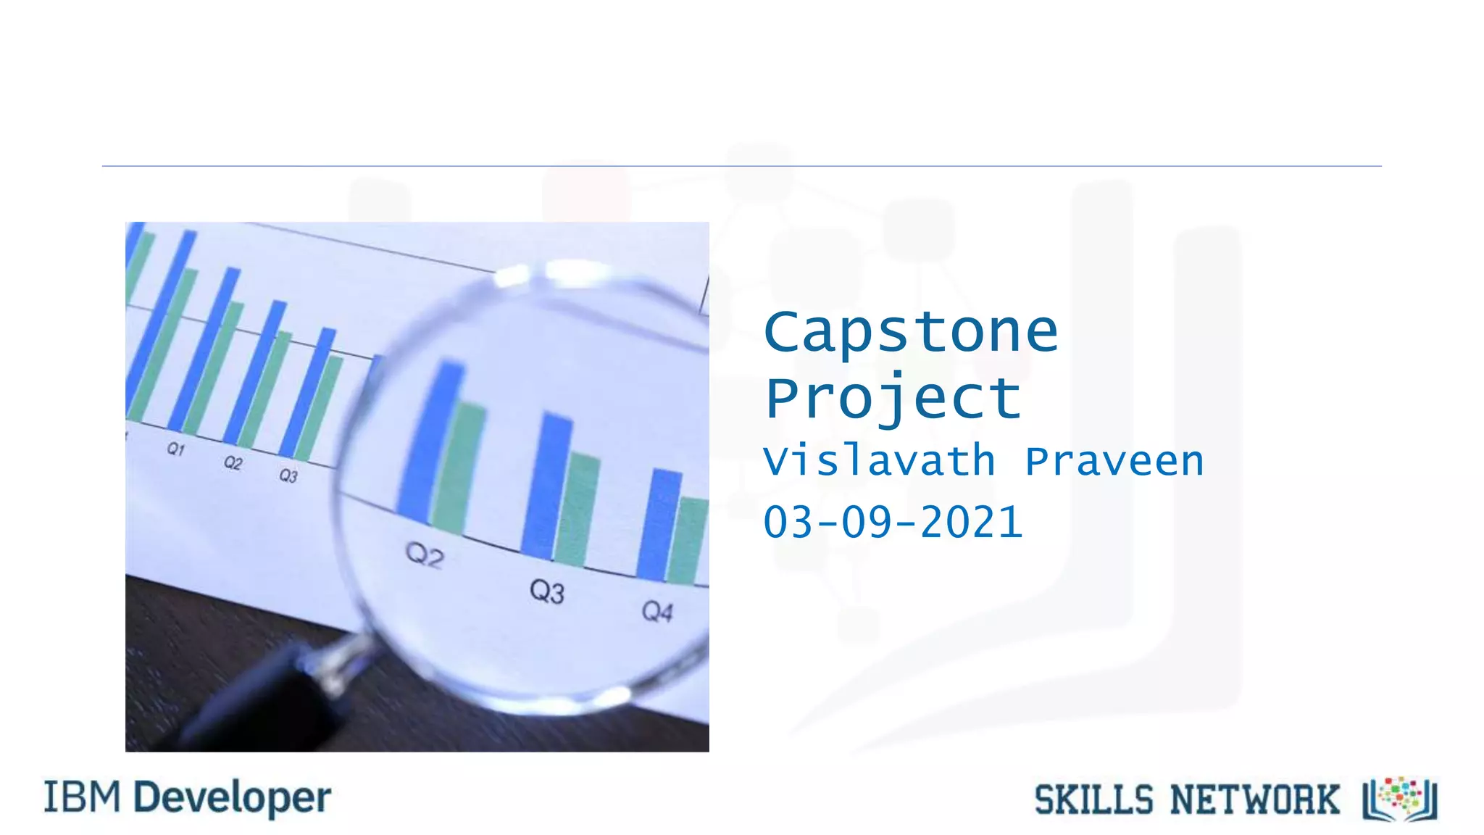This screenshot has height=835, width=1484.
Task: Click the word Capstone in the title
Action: pyautogui.click(x=911, y=333)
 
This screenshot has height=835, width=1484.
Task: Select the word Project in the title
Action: pyautogui.click(x=893, y=398)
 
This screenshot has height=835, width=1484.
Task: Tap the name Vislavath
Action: pyautogui.click(x=879, y=461)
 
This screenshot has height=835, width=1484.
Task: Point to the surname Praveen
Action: pyautogui.click(x=1114, y=461)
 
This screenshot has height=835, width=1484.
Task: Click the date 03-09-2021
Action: pyautogui.click(x=893, y=522)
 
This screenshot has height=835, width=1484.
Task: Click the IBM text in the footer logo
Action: pyautogui.click(x=82, y=797)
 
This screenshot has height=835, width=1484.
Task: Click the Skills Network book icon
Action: pyautogui.click(x=1400, y=799)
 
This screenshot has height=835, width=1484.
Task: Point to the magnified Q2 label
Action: pyautogui.click(x=425, y=555)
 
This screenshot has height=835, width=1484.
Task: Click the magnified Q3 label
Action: pyautogui.click(x=546, y=591)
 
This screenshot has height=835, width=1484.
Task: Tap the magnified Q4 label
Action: pyautogui.click(x=657, y=612)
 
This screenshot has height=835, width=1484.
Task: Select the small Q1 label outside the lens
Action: pyautogui.click(x=176, y=449)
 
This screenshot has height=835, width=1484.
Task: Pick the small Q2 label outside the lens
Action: pyautogui.click(x=233, y=462)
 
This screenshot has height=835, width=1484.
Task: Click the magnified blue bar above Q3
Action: pyautogui.click(x=547, y=486)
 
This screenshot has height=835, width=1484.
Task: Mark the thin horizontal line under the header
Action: pyautogui.click(x=742, y=166)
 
